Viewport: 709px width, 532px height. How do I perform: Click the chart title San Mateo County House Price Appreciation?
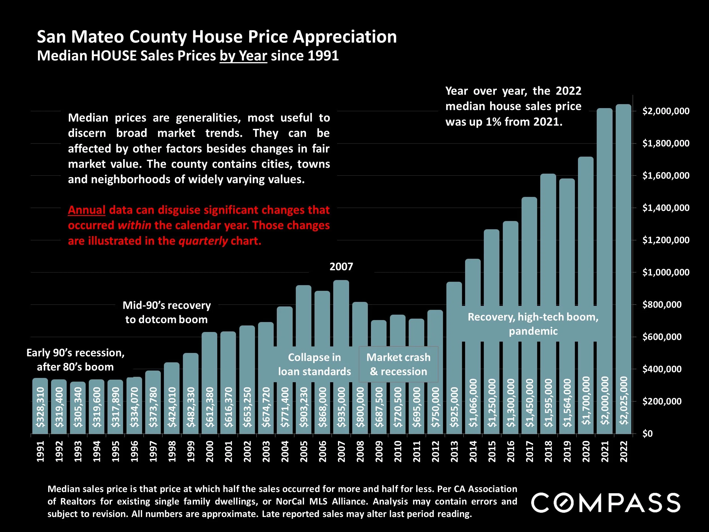point(217,37)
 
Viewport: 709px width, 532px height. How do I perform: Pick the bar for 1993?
point(78,407)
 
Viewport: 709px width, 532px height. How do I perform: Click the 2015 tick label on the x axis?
point(492,451)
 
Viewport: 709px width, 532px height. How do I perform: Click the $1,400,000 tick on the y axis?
point(666,208)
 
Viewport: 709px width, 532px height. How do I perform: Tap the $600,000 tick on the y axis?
point(662,337)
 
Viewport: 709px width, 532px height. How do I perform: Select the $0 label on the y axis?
point(647,434)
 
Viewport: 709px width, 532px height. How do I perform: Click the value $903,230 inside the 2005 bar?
point(303,407)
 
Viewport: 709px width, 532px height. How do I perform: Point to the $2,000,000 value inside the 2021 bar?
point(605,401)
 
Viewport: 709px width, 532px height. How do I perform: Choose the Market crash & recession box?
point(398,364)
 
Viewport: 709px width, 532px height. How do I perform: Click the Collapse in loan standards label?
point(315,364)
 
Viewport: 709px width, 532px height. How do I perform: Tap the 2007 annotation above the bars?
point(341,266)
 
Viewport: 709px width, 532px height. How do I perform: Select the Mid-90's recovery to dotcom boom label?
point(167,312)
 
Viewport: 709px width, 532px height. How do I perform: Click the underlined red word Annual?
point(86,210)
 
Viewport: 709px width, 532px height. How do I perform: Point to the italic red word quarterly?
point(203,241)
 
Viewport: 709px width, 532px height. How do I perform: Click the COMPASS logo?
point(605,503)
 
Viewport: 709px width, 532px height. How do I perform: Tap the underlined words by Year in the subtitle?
point(243,56)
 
